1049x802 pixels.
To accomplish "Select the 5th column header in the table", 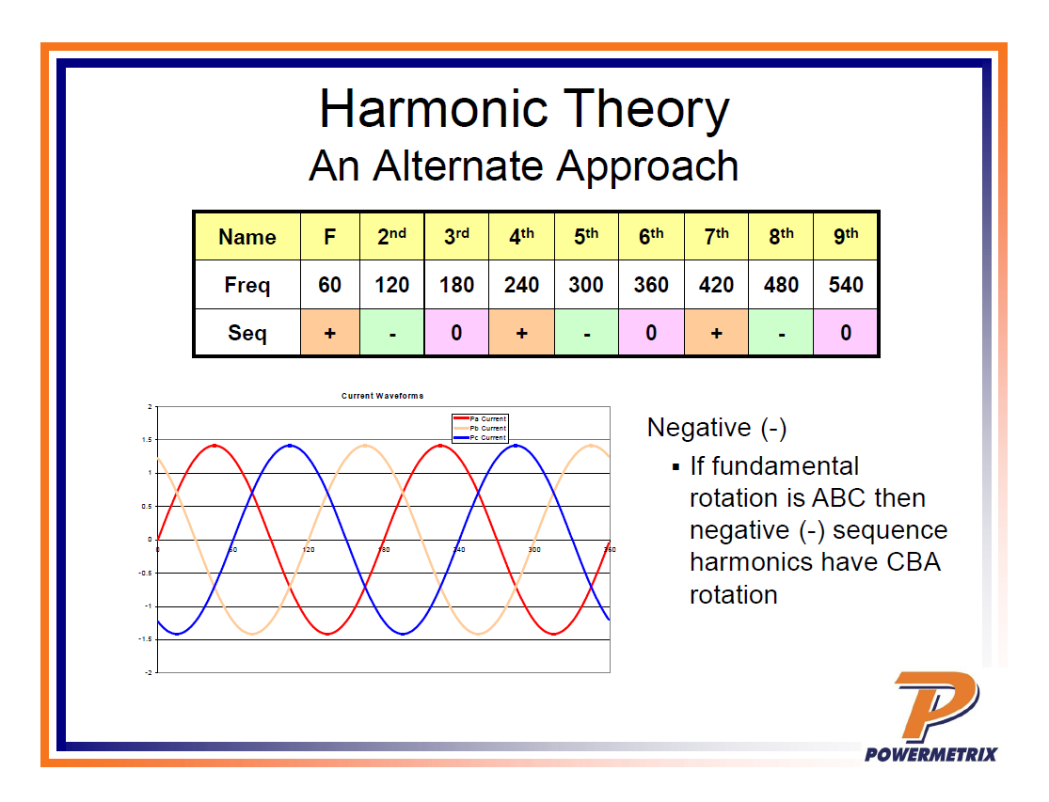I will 586,237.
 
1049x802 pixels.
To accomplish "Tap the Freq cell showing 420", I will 716,285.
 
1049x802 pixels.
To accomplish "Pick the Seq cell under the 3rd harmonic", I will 456,333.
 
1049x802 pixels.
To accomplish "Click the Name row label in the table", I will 247,237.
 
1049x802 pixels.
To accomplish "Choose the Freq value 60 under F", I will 329,285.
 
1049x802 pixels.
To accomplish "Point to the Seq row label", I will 247,333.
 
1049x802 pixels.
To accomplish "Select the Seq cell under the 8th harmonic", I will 781,333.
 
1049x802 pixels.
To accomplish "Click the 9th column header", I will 846,237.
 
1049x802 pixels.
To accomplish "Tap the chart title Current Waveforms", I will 382,396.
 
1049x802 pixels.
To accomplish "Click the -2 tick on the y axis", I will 148,673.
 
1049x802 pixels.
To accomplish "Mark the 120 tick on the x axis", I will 308,549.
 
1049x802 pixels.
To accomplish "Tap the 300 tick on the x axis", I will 533,549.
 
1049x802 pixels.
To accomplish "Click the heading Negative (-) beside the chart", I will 717,428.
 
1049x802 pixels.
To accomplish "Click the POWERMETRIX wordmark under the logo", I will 930,753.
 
